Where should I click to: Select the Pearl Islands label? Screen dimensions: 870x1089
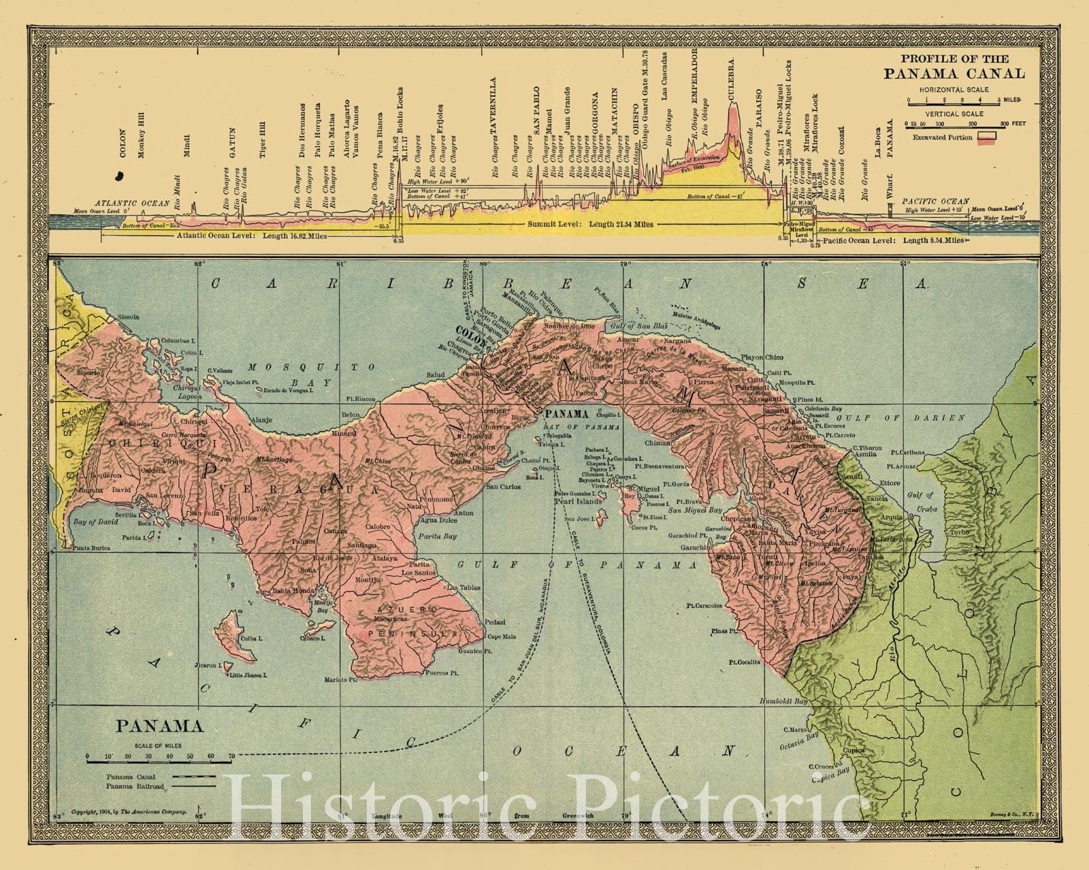click(581, 501)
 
